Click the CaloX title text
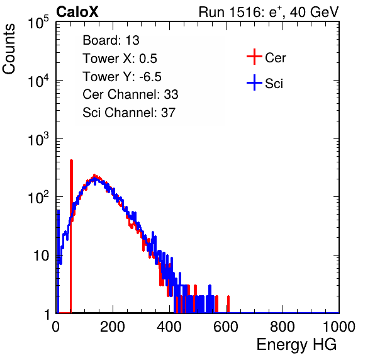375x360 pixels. pyautogui.click(x=77, y=12)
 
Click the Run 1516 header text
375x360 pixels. pyautogui.click(x=269, y=12)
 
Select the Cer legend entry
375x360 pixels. pyautogui.click(x=266, y=57)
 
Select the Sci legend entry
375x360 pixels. pyautogui.click(x=265, y=83)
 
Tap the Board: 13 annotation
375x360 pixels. pyautogui.click(x=111, y=40)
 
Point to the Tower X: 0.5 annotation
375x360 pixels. pyautogui.click(x=120, y=59)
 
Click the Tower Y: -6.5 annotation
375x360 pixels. pyautogui.click(x=122, y=77)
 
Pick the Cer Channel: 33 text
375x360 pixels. pyautogui.click(x=130, y=94)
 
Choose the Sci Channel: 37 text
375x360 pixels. pyautogui.click(x=129, y=113)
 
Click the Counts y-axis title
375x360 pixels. pyautogui.click(x=9, y=49)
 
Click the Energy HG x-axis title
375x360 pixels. pyautogui.click(x=296, y=345)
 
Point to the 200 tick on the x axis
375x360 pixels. pyautogui.click(x=113, y=327)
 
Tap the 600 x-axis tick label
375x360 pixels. pyautogui.click(x=226, y=327)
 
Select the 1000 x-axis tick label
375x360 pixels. pyautogui.click(x=339, y=327)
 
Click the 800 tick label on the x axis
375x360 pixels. pyautogui.click(x=283, y=327)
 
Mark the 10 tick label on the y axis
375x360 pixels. pyautogui.click(x=41, y=256)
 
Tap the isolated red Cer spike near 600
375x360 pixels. pyautogui.click(x=228, y=304)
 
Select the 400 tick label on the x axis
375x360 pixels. pyautogui.click(x=169, y=327)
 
